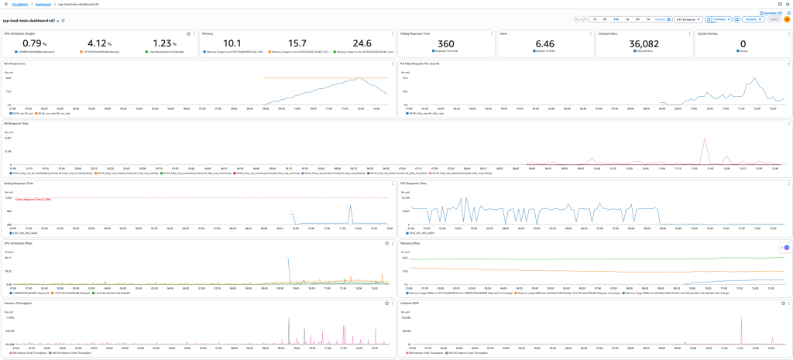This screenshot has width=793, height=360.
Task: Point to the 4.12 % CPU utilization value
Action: [98, 44]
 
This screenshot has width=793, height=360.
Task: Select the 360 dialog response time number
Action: [446, 44]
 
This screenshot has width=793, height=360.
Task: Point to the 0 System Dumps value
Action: [743, 44]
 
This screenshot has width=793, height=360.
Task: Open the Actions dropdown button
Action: [750, 19]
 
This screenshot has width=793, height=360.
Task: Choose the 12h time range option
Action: [616, 19]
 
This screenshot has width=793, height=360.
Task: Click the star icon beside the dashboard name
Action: [64, 20]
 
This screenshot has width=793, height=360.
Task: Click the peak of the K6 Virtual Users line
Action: [357, 78]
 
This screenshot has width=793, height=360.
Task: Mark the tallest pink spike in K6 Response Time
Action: [705, 139]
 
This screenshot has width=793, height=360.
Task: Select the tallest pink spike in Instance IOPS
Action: [743, 320]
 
